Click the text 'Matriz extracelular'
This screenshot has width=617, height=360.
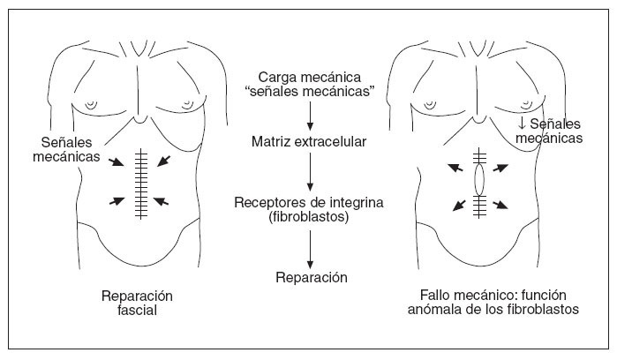point(308,141)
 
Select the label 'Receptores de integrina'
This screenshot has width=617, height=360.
point(308,203)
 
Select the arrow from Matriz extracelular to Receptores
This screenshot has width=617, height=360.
point(309,172)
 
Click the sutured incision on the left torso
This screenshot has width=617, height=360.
point(139,184)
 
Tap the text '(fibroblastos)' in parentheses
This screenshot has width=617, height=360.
point(308,217)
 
